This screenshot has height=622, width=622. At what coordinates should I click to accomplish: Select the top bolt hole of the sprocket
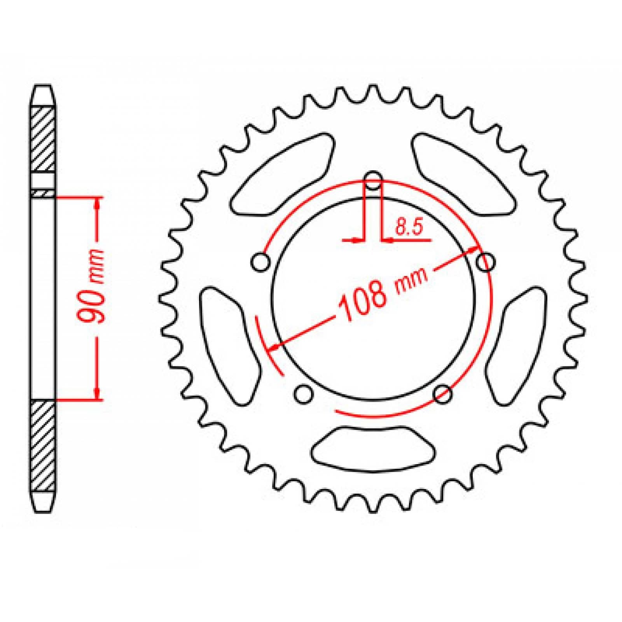tap(374, 180)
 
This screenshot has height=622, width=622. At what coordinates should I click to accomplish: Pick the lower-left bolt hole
tap(304, 394)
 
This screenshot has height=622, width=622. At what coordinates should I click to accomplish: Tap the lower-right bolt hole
tap(443, 394)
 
